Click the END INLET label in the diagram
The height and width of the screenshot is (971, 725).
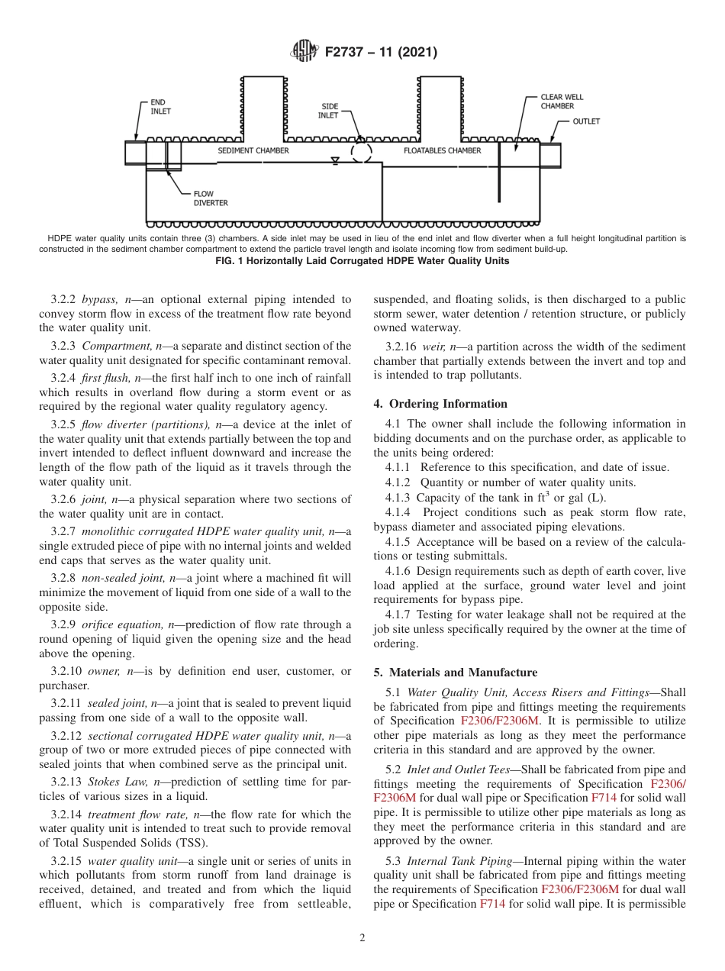(x=160, y=106)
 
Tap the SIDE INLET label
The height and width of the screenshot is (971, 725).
(x=329, y=111)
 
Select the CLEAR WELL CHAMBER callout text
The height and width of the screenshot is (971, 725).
(x=562, y=102)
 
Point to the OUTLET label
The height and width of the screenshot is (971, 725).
(x=586, y=121)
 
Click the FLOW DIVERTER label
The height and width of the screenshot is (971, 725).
(x=210, y=198)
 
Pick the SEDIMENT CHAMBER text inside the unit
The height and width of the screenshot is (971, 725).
(x=253, y=150)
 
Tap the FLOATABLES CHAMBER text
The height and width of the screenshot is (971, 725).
(x=442, y=150)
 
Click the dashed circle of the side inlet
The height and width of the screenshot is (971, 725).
(x=361, y=152)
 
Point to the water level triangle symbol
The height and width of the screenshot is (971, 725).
(x=334, y=161)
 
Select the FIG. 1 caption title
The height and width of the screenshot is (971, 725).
(x=362, y=260)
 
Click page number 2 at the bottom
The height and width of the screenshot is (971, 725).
(x=362, y=938)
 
